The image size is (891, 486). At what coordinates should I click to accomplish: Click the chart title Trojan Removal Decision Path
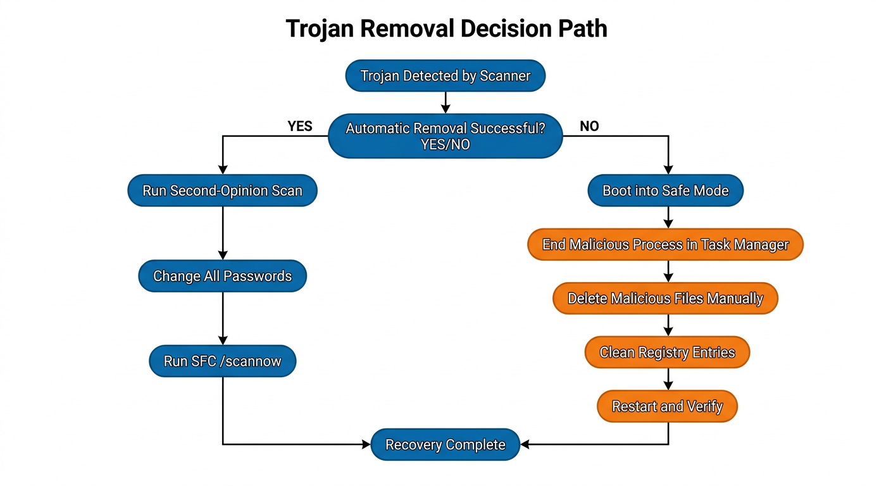click(445, 28)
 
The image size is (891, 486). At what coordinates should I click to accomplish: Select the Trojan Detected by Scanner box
click(445, 76)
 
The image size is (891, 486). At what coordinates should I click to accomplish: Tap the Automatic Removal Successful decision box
click(445, 136)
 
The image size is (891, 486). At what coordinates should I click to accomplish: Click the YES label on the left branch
click(300, 127)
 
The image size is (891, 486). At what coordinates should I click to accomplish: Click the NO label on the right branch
click(589, 127)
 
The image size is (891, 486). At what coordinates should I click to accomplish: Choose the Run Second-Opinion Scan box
click(222, 190)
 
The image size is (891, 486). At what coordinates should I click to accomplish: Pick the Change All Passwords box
click(222, 277)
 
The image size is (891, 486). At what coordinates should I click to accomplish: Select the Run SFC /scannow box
click(222, 361)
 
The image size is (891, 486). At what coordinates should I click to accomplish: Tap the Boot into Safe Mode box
click(665, 190)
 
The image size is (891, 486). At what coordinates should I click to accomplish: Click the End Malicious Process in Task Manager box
click(665, 244)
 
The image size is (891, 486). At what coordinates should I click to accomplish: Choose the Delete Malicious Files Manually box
click(665, 299)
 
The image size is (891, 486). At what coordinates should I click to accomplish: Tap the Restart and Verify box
click(667, 406)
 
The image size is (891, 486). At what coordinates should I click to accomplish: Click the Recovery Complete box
click(445, 445)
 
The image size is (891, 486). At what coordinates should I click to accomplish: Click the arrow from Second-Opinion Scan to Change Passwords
click(222, 233)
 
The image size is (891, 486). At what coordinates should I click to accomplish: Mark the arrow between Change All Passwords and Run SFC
click(222, 318)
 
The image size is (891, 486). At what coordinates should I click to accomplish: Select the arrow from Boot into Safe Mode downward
click(668, 217)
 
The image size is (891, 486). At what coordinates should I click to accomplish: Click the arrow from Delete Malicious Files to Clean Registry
click(668, 325)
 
